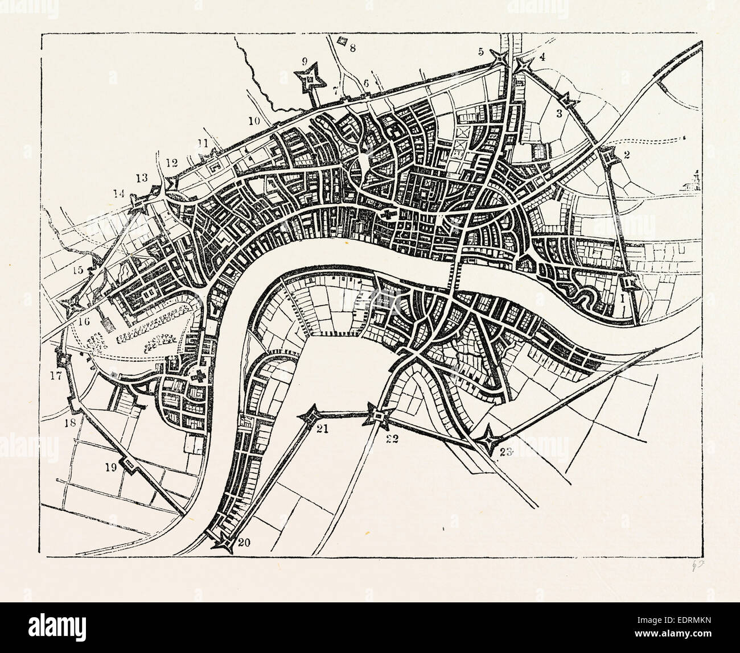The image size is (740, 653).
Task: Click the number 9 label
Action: click(x=304, y=61)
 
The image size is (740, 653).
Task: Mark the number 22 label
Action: click(x=392, y=438)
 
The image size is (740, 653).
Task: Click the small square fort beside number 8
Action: click(x=343, y=41)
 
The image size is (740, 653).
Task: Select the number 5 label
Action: click(x=481, y=52)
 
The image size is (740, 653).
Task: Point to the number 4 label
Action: click(x=542, y=56)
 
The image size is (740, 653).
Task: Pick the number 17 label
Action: click(x=55, y=375)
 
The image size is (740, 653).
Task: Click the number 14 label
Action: click(x=118, y=193)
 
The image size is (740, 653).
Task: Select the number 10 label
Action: click(x=254, y=121)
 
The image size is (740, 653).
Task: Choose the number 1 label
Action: click(x=624, y=297)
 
